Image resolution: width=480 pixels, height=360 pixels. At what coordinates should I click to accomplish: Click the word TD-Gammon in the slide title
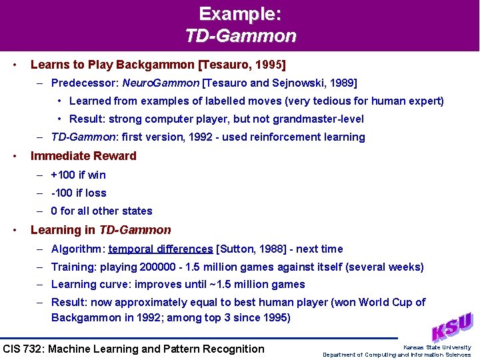[x=240, y=35]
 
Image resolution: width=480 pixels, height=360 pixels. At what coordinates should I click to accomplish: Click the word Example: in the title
[x=240, y=13]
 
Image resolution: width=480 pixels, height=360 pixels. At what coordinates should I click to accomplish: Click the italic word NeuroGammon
[x=169, y=83]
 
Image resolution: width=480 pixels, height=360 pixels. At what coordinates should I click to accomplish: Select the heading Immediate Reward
[x=83, y=156]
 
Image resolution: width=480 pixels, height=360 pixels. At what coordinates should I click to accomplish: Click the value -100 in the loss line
[x=62, y=193]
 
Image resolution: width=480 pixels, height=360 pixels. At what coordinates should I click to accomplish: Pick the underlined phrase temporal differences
[x=160, y=249]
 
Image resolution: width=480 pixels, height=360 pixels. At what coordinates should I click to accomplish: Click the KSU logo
[x=451, y=327]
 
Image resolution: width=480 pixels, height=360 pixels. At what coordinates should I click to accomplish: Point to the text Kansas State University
[x=437, y=347]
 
